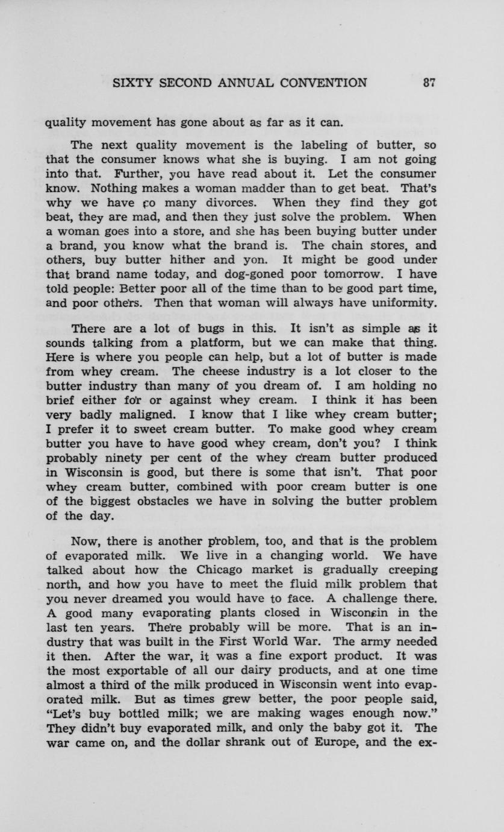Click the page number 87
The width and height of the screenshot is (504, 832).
coord(429,84)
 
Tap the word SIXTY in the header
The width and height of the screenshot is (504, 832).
coord(133,84)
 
